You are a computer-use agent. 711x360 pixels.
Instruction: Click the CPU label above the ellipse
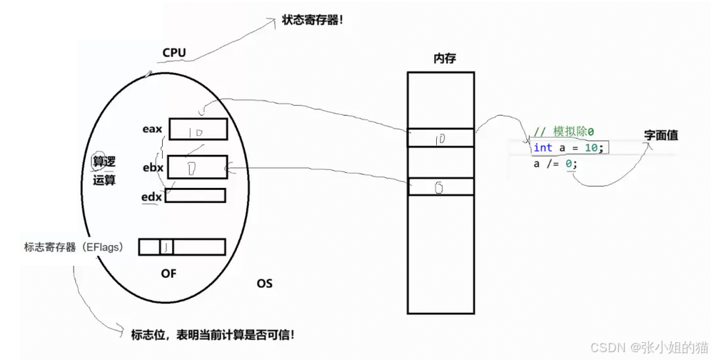174,52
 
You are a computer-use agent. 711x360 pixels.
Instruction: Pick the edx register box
195,195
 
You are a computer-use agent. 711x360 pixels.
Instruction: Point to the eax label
153,129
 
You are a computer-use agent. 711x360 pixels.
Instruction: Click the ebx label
153,168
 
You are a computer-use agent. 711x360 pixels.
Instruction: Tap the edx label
152,196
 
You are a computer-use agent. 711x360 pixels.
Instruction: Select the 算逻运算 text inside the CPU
104,171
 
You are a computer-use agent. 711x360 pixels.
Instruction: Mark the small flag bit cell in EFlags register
166,247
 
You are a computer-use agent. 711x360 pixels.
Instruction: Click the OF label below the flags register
168,273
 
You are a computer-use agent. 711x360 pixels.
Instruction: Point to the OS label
264,284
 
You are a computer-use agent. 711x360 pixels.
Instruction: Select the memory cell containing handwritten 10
440,138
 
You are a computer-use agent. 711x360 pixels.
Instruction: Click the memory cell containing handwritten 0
440,186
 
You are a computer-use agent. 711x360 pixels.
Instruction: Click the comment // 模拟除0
564,132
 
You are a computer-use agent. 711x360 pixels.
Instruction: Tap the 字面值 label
660,134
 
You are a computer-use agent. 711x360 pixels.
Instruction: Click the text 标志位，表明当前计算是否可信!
213,334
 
